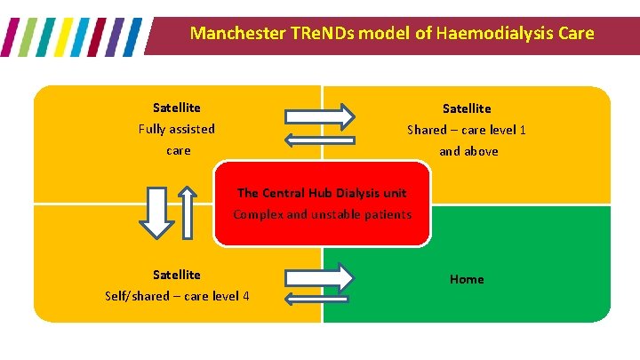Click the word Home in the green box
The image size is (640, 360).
point(467,279)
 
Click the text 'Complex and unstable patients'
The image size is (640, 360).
point(322,214)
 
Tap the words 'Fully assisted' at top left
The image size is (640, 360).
point(176,129)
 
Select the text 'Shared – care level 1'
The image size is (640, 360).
point(467,130)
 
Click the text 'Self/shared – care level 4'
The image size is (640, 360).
point(176,295)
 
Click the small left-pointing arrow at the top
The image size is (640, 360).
point(321,138)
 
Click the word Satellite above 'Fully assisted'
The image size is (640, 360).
point(176,108)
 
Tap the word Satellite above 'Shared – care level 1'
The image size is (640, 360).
point(467,108)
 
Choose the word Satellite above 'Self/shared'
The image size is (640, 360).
point(176,275)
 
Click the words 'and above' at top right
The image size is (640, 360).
point(468,151)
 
